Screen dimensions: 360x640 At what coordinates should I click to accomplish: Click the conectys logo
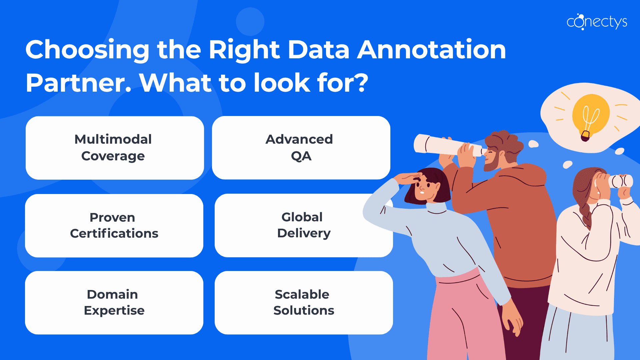tap(597, 22)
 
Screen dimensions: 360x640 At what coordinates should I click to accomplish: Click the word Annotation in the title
tap(432, 50)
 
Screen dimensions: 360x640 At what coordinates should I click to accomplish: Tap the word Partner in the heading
tap(78, 83)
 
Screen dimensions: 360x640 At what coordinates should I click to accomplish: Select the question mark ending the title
tap(361, 83)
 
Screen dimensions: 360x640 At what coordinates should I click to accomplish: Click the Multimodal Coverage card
tap(114, 148)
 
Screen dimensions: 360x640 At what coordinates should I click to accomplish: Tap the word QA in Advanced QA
tap(301, 156)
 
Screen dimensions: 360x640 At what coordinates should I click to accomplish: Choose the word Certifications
tap(114, 234)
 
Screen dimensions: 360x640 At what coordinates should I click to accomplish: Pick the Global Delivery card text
tap(303, 225)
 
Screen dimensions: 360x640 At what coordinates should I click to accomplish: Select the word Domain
tap(112, 295)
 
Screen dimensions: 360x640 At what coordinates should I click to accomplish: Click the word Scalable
tap(302, 295)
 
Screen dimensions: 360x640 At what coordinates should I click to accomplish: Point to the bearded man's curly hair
tap(505, 142)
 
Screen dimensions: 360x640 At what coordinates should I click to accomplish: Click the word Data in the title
tap(318, 50)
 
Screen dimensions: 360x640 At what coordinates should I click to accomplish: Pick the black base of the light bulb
tap(585, 136)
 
